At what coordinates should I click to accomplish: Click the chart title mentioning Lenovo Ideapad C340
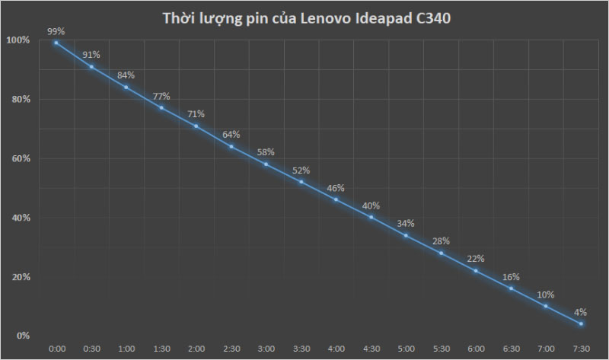[x=308, y=19]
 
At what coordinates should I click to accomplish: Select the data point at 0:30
[x=91, y=67]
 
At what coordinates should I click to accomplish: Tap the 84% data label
[x=126, y=75]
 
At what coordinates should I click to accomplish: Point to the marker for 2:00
[x=196, y=126]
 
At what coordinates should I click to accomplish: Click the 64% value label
[x=231, y=135]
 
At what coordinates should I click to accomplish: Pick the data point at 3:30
[x=301, y=182]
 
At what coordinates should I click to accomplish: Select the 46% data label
[x=336, y=188]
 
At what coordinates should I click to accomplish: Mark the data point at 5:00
[x=406, y=235]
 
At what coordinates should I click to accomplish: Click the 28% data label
[x=441, y=241]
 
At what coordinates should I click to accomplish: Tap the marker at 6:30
[x=511, y=288]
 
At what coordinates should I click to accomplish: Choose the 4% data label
[x=581, y=312]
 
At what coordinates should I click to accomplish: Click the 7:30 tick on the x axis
[x=581, y=349]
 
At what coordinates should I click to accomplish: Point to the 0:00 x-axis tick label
[x=56, y=349]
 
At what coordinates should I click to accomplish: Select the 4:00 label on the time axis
[x=336, y=349]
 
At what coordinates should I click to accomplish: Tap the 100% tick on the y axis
[x=20, y=40]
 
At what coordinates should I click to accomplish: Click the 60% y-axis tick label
[x=21, y=158]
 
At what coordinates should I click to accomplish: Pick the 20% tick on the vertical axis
[x=21, y=277]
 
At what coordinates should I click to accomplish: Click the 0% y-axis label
[x=24, y=336]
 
